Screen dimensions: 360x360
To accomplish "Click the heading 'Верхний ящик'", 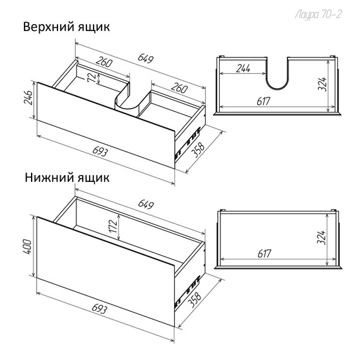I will [x=66, y=28].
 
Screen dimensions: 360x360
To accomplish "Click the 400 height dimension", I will [x=26, y=245].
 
